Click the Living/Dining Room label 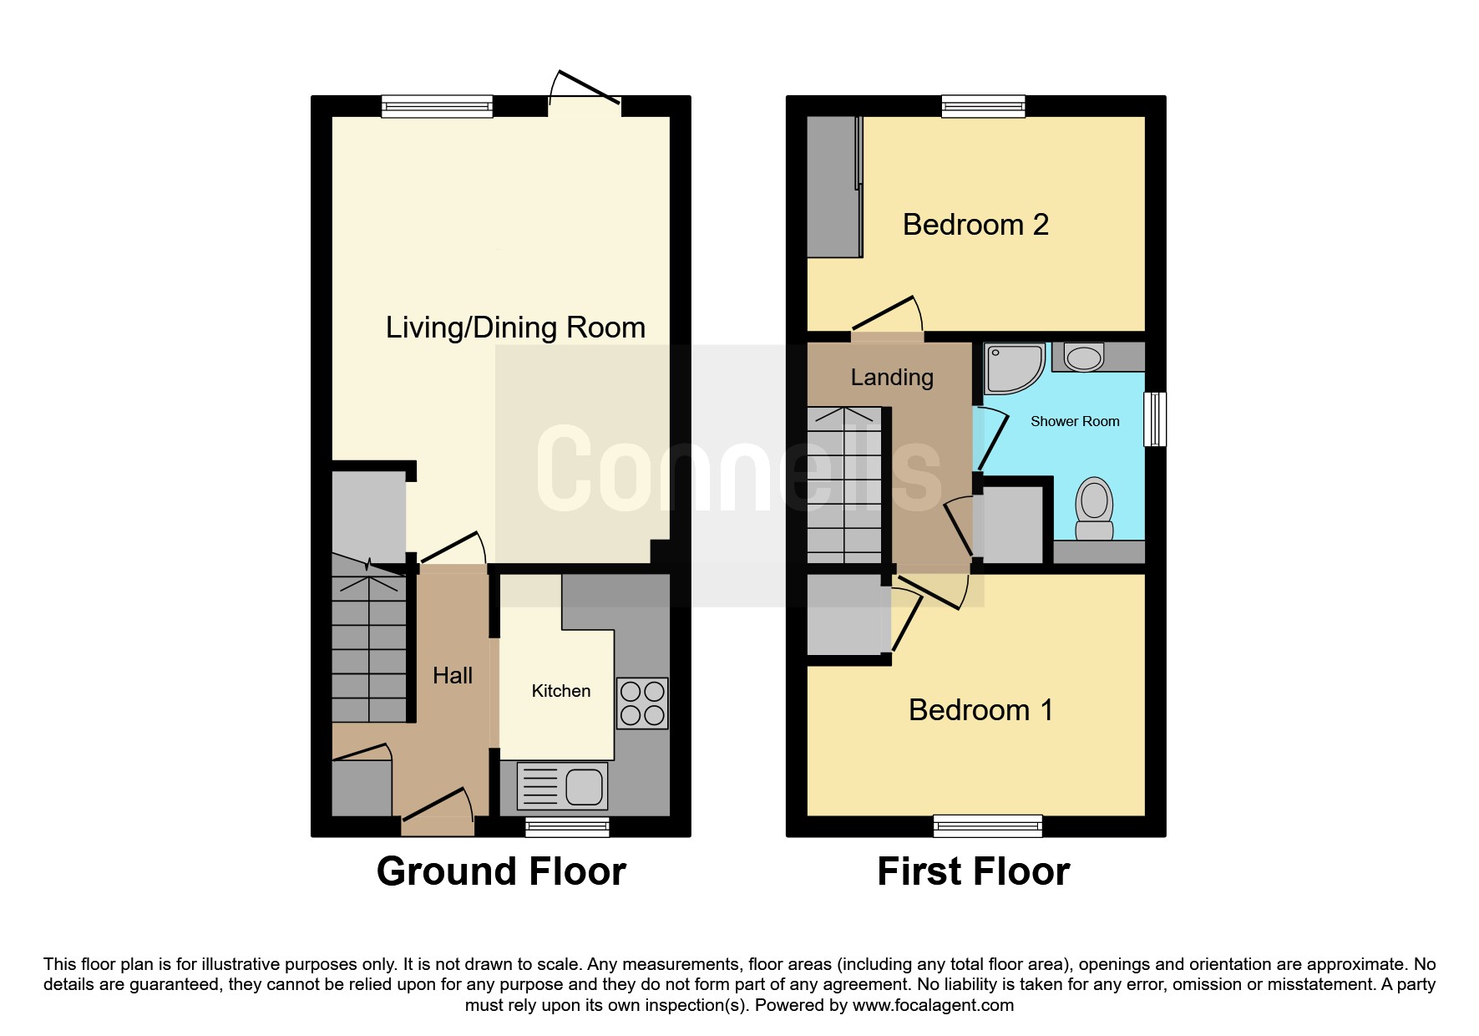(515, 328)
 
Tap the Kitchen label (561, 691)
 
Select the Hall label (453, 675)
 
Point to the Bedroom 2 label (975, 225)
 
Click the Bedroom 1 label (980, 710)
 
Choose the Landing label (892, 378)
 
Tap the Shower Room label (1075, 421)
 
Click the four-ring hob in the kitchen (642, 703)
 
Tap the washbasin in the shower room (1083, 358)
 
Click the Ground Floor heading (501, 871)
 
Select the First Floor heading (973, 871)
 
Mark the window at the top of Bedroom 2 (983, 106)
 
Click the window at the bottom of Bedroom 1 (988, 825)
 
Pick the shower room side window (1155, 419)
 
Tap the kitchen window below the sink (567, 826)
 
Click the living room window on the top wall (437, 106)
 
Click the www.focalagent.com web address (933, 1005)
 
